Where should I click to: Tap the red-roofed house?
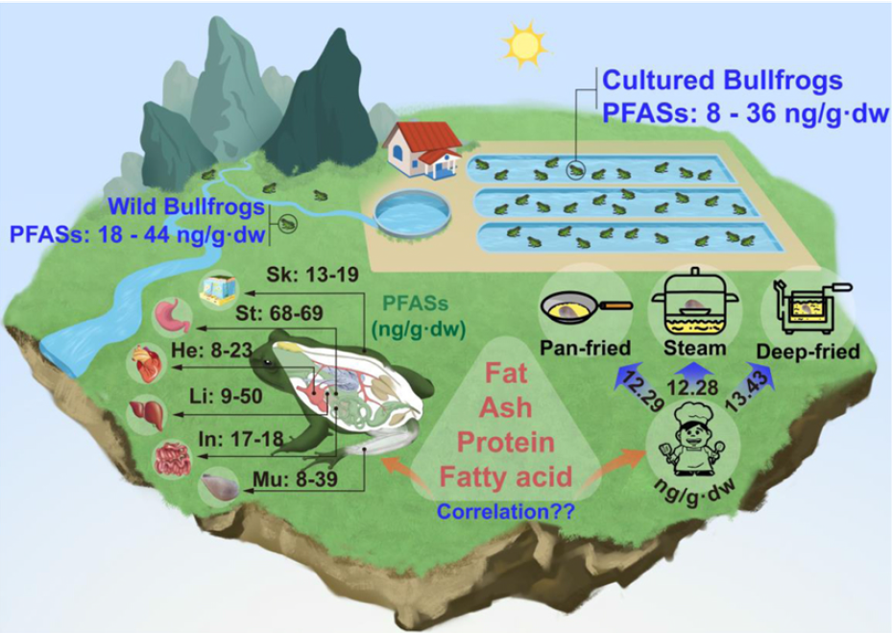tap(423, 149)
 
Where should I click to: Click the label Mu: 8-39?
tap(295, 479)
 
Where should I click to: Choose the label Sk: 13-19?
tap(312, 275)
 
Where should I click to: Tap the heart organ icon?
tap(150, 363)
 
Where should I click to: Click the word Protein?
tap(506, 442)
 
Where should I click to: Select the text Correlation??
tap(506, 511)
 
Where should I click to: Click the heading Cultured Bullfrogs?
tap(722, 81)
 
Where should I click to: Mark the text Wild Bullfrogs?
tap(186, 207)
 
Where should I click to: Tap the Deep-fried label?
tap(808, 352)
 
